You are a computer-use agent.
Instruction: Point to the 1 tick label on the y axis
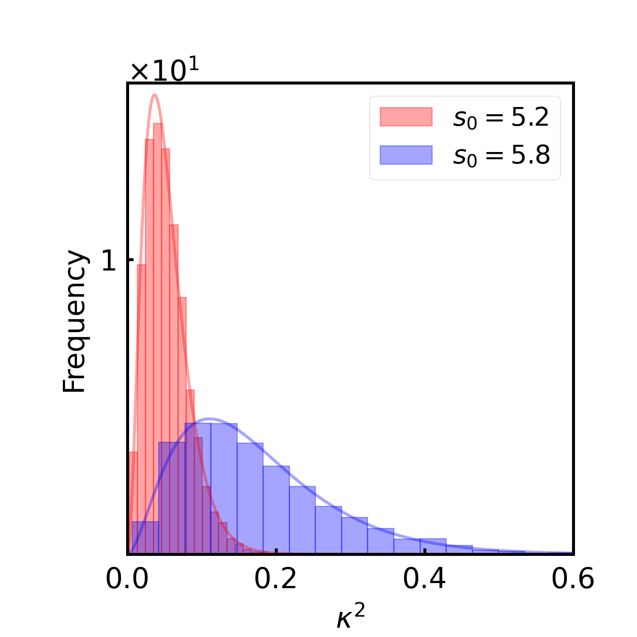[109, 260]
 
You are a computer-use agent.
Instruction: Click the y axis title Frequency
[75, 321]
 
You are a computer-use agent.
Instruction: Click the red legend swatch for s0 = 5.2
[406, 117]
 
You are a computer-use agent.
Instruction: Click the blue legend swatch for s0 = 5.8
[406, 155]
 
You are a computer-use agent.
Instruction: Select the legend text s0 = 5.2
[501, 118]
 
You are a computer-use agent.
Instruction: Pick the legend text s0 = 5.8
[501, 156]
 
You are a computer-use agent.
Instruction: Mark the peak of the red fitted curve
[155, 94]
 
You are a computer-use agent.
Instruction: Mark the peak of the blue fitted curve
[209, 419]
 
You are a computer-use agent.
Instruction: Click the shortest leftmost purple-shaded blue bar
[145, 537]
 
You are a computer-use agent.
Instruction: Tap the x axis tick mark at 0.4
[425, 551]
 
